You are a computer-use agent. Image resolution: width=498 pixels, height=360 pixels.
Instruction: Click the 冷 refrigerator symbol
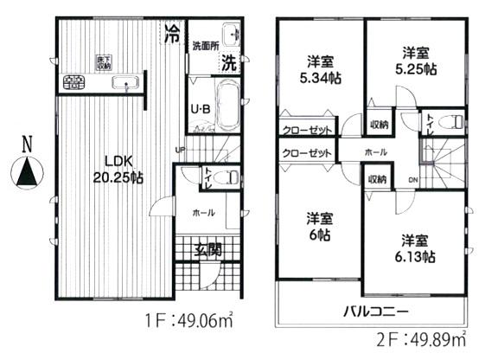tap(173, 35)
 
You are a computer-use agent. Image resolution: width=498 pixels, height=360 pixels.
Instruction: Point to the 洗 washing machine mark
tap(229, 62)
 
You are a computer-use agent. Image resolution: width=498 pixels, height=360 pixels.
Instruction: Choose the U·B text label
tap(200, 110)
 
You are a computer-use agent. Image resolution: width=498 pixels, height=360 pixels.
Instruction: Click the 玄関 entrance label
tap(206, 251)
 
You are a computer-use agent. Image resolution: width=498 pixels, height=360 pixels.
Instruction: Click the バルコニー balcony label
tap(375, 312)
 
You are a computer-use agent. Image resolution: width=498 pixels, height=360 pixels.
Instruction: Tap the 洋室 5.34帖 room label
tap(321, 69)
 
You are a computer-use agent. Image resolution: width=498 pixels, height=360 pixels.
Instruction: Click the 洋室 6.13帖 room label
tap(417, 247)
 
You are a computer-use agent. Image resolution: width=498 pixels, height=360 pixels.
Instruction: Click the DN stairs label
tap(412, 180)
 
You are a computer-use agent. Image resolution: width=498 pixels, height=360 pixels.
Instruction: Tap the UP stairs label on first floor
tap(180, 149)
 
